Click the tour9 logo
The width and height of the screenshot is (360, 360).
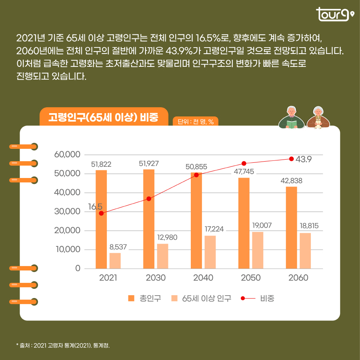click(334, 15)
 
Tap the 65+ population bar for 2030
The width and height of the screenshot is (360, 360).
click(162, 256)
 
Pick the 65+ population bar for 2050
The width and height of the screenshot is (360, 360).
click(258, 250)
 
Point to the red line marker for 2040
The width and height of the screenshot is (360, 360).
click(196, 175)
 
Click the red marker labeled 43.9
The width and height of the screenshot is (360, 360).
click(291, 159)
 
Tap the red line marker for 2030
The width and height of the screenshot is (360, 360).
click(149, 199)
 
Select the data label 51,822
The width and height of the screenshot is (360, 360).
click(101, 164)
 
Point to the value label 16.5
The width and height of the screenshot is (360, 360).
click(95, 206)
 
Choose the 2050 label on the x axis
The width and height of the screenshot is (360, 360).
click(251, 278)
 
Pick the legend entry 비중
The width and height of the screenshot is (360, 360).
click(258, 298)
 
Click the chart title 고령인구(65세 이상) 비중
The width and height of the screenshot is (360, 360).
click(103, 117)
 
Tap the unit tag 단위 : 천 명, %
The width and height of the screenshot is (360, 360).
click(196, 122)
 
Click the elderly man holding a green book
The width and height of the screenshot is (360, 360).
click(292, 118)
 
